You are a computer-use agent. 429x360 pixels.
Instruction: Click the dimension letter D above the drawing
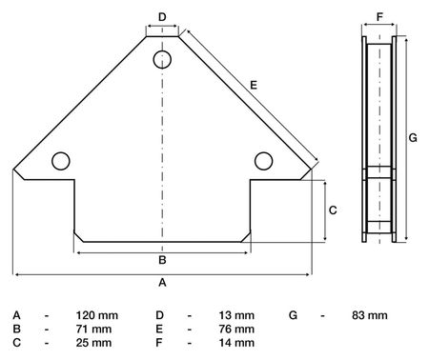coord(162,17)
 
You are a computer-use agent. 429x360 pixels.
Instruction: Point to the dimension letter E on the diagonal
coord(254,85)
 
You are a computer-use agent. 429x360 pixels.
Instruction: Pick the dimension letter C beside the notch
coord(333,210)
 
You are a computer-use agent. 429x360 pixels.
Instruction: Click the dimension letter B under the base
coord(162,260)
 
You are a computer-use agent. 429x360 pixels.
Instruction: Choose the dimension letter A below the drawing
coord(162,282)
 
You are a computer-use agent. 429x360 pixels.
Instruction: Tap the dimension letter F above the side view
coord(379,17)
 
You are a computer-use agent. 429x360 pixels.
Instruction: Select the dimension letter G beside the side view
coord(413,138)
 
